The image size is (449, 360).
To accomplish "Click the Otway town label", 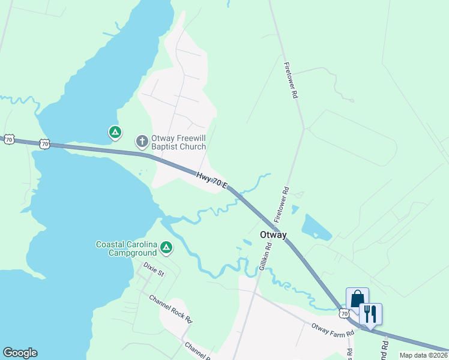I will [273, 235].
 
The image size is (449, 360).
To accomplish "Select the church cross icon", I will [142, 142].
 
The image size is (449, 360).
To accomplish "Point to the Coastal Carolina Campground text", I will [126, 248].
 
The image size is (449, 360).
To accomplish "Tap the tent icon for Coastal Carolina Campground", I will [167, 247].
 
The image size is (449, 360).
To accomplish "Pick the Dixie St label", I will [154, 268].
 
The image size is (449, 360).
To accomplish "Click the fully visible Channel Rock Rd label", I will [170, 308].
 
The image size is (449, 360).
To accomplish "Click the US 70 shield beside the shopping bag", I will [344, 313].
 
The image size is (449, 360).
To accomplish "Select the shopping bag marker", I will [357, 299].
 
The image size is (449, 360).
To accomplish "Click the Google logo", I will [20, 353].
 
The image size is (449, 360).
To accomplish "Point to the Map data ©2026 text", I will [423, 355].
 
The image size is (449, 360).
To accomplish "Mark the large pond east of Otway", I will [316, 227].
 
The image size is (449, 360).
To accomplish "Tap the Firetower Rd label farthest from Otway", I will [292, 80].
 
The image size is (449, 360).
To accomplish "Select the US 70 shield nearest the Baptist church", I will [44, 143].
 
